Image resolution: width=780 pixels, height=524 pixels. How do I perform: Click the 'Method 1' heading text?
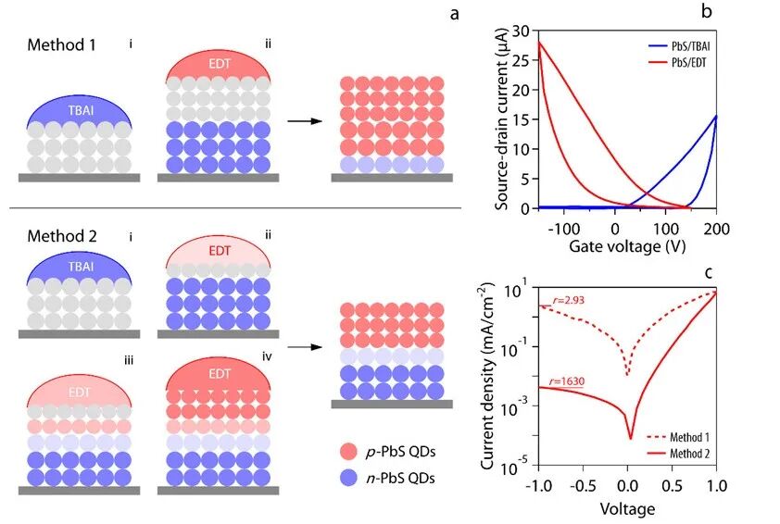(61, 44)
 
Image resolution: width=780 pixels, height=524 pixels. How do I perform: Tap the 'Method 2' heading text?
(61, 238)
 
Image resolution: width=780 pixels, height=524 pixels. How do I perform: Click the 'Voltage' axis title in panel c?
(627, 508)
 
